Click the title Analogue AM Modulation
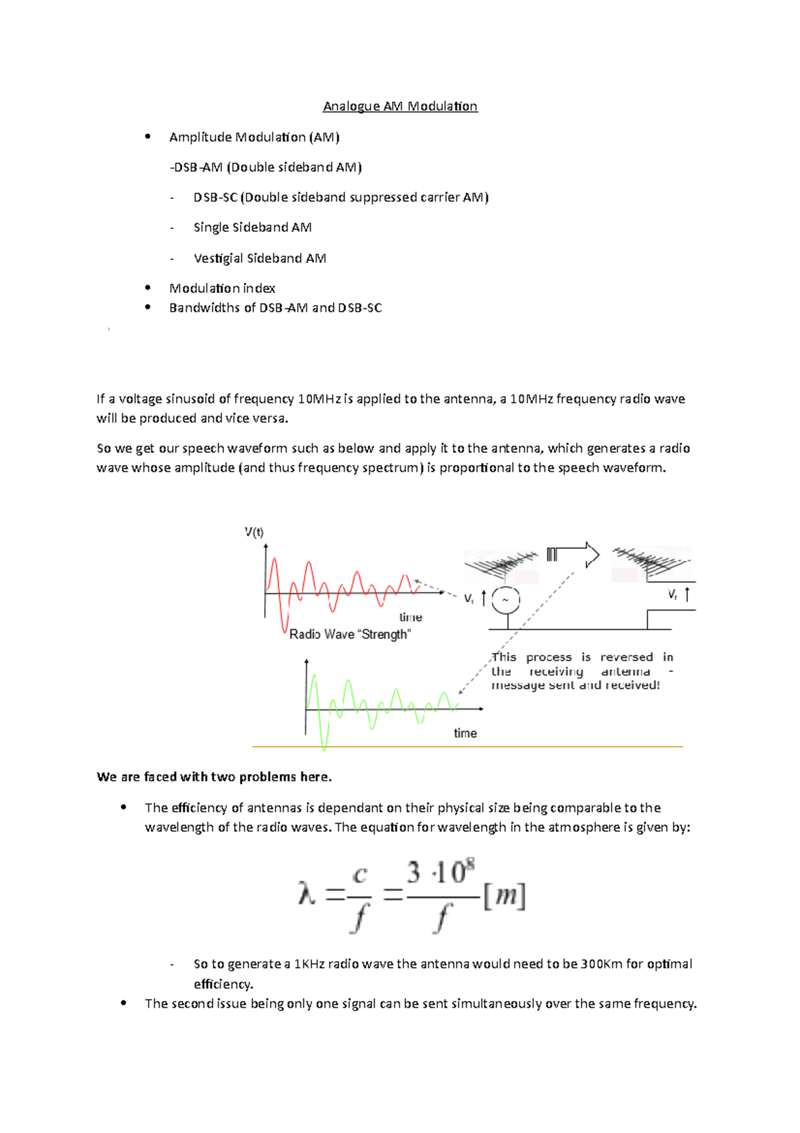400,106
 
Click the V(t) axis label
254,532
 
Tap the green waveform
347,694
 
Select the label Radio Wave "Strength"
350,634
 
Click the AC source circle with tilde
506,600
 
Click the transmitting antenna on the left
501,564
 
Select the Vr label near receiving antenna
673,594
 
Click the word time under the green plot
465,733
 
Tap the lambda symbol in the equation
306,893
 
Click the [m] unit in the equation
505,895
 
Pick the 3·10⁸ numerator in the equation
441,872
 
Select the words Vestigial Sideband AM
259,258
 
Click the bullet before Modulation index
148,288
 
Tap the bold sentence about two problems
214,777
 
